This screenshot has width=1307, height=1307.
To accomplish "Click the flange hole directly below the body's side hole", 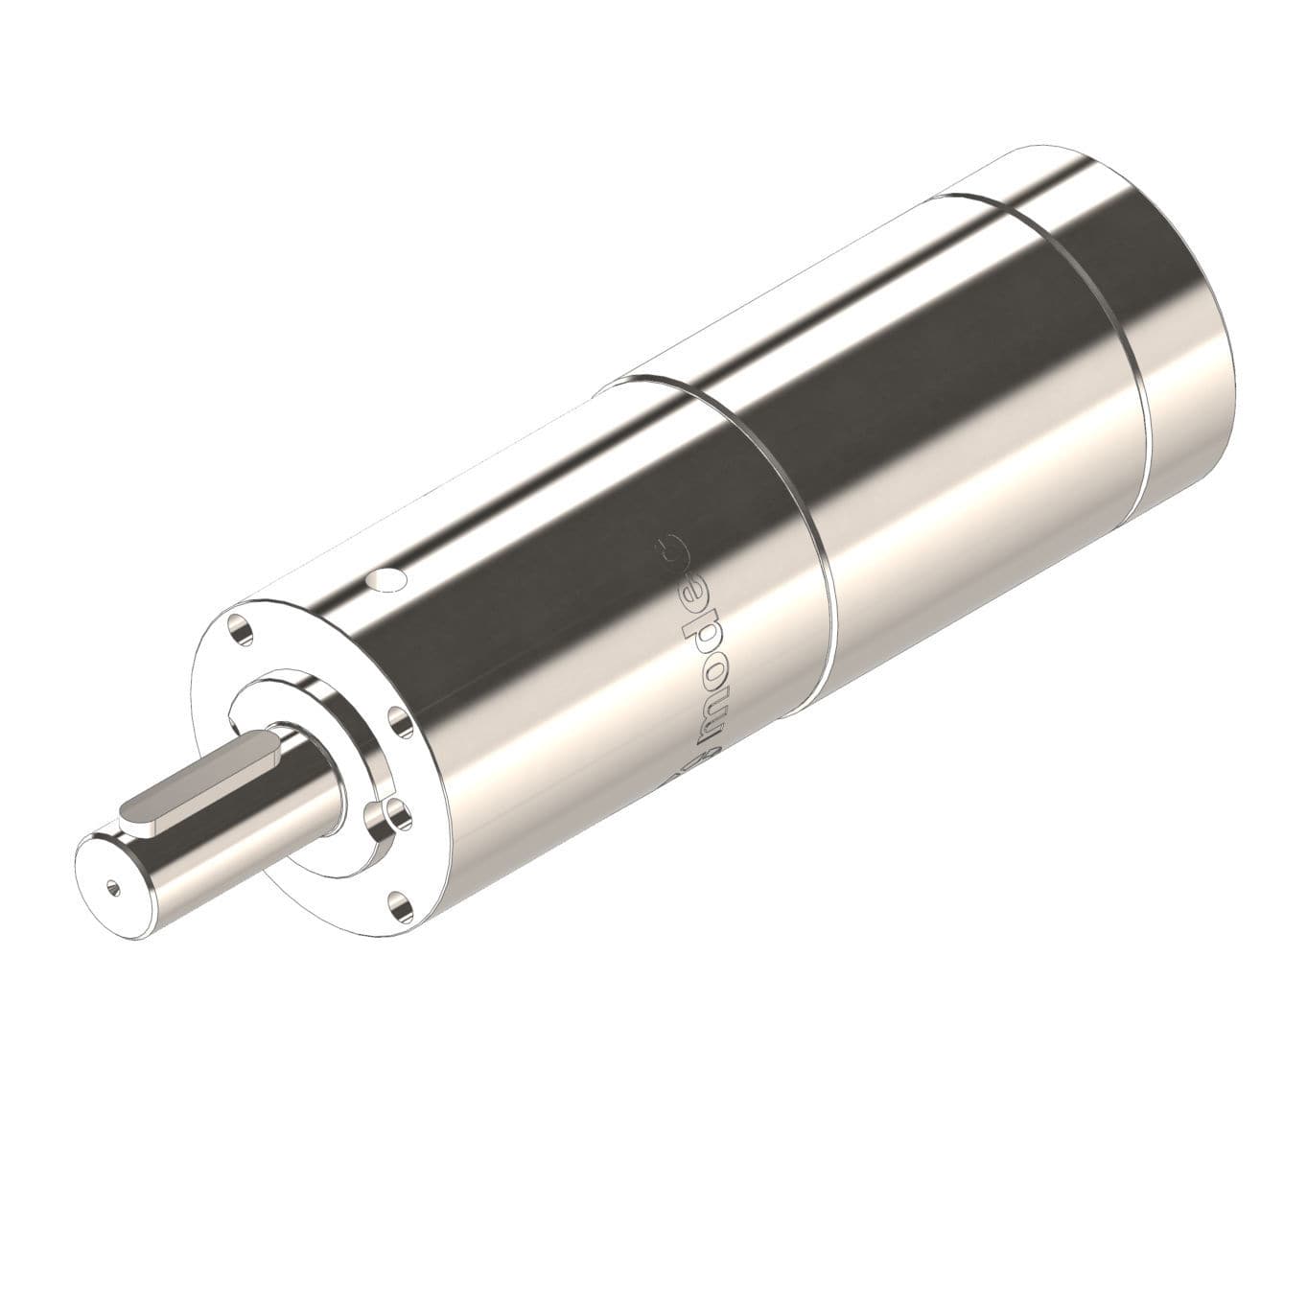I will (393, 718).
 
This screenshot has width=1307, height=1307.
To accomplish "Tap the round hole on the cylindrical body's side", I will (389, 579).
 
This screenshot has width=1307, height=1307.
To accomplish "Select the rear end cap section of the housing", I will (1151, 288).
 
